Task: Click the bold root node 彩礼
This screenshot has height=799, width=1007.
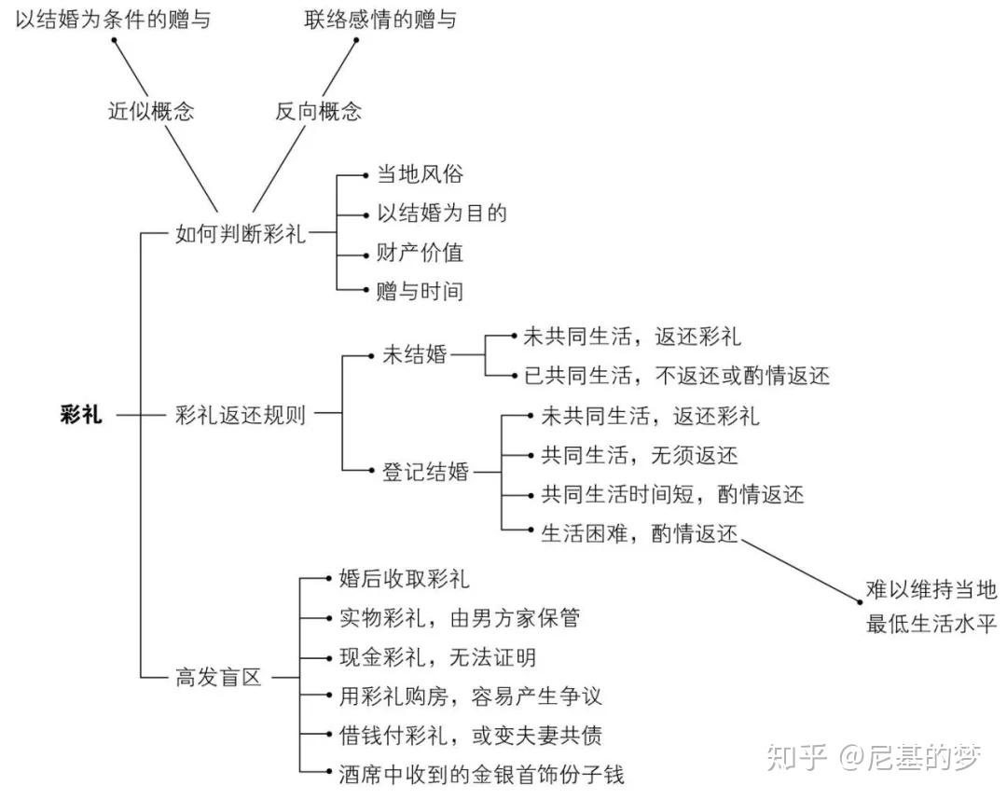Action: coord(81,414)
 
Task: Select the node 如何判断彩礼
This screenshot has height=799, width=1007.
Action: coord(241,234)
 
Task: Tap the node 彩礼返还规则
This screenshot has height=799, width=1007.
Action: coord(241,415)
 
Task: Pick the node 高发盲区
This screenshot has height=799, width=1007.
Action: coord(218,677)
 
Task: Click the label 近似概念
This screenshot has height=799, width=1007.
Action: coord(151,111)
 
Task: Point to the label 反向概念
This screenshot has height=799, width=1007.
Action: coord(319,111)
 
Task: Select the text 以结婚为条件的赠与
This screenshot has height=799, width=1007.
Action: coord(113,20)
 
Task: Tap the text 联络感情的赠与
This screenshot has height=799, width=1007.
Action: coord(380,20)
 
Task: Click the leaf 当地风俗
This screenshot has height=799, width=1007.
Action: coord(420,174)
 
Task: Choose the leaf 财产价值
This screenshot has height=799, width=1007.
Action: coord(420,253)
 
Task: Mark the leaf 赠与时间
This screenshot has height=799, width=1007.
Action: coord(420,292)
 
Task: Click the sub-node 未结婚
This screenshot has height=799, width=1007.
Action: coord(415,354)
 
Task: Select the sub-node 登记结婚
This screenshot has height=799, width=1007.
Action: coord(426,472)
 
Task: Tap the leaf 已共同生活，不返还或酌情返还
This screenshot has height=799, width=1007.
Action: coord(677,375)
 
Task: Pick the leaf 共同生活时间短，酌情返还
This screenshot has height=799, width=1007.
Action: coord(672,494)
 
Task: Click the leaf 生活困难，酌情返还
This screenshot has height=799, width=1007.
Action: coord(640,533)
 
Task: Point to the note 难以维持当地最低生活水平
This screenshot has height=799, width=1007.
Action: coord(931,606)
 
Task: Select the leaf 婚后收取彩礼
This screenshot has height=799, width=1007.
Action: coord(405,579)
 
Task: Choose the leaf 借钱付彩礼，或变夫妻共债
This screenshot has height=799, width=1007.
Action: coord(471,736)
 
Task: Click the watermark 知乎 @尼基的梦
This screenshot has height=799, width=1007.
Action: coord(875,757)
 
